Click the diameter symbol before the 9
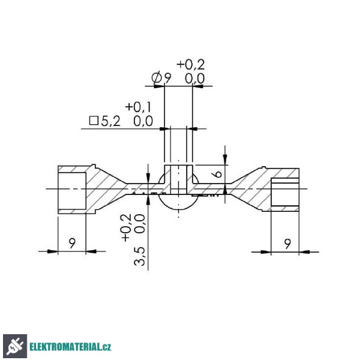157,78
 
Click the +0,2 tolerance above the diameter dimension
191,64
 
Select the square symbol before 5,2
94,121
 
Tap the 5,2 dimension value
110,121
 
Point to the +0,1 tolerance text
138,107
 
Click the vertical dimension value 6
217,174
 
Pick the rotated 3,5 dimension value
139,256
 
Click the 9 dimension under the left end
72,243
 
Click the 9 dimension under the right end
287,244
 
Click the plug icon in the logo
15,346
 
